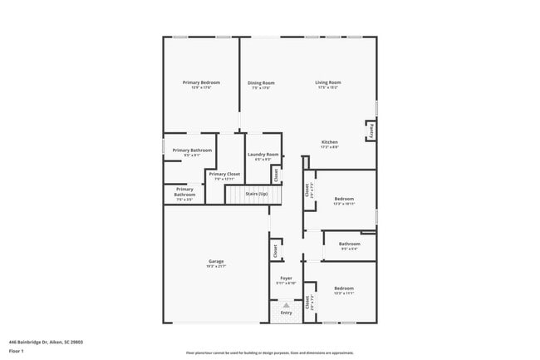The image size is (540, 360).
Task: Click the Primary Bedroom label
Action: [x=202, y=82]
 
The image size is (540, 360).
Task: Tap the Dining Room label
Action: [x=261, y=82]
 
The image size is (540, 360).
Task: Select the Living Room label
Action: [x=327, y=82]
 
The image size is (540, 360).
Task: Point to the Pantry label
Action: [x=371, y=131]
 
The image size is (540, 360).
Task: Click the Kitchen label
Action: [x=330, y=142]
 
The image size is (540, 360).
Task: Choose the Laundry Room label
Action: [x=263, y=154]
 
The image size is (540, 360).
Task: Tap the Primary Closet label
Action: [x=224, y=174]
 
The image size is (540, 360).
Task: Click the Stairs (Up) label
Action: [x=256, y=194]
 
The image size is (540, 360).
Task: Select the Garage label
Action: [x=216, y=261]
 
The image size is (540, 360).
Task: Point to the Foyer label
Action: [x=286, y=278]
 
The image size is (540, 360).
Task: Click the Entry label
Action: [x=286, y=313]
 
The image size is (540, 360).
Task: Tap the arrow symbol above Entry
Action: [x=286, y=305]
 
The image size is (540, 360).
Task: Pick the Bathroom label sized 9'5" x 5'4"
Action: [x=349, y=244]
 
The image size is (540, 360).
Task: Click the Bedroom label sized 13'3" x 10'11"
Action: [x=344, y=199]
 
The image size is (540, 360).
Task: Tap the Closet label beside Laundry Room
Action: [x=276, y=175]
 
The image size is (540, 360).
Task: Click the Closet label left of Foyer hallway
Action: [x=274, y=249]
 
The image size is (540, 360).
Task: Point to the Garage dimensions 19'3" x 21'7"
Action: [x=216, y=266]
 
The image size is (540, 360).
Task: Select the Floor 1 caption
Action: [x=17, y=350]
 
